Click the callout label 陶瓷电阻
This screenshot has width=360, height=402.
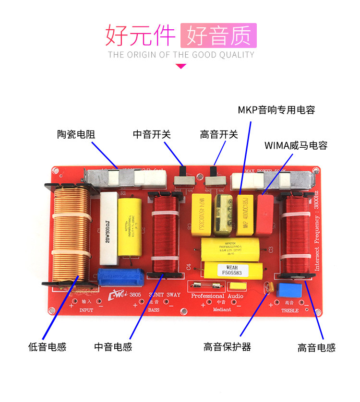pyautogui.click(x=76, y=135)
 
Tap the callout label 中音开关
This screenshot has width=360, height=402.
pyautogui.click(x=152, y=135)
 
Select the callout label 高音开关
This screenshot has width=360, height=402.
pyautogui.click(x=219, y=135)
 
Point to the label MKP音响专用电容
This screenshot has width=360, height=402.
pyautogui.click(x=276, y=110)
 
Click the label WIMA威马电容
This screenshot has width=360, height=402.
pyautogui.click(x=296, y=145)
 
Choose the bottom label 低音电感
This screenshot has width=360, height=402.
pyautogui.click(x=47, y=347)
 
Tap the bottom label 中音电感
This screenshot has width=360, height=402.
pyautogui.click(x=113, y=347)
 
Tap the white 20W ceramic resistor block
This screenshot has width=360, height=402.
pyautogui.click(x=108, y=229)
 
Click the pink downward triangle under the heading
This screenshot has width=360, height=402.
pyautogui.click(x=181, y=66)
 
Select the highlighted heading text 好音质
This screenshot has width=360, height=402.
pyautogui.click(x=218, y=35)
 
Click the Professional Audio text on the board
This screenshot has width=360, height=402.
pyautogui.click(x=217, y=296)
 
